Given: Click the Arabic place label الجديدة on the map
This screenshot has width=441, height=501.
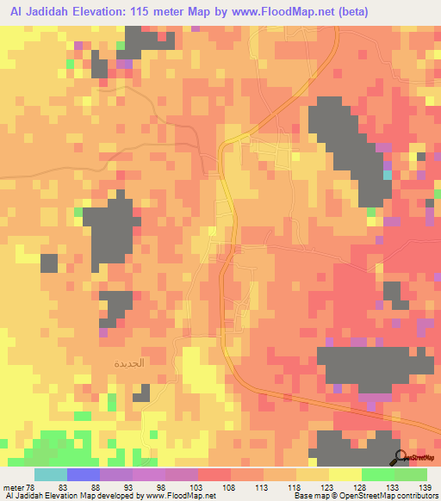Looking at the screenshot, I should (130, 363).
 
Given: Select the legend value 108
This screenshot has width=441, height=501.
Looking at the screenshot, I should (230, 487).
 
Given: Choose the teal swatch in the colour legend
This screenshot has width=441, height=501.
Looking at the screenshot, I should (51, 475).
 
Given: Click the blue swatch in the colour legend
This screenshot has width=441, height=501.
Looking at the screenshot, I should (84, 475).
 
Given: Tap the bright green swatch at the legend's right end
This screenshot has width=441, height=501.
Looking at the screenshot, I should (411, 475).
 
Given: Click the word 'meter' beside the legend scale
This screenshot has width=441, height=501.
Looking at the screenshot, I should (15, 487).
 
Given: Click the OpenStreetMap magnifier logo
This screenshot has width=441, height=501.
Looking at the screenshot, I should (401, 457).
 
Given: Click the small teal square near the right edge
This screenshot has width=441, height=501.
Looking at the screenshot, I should (388, 175).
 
